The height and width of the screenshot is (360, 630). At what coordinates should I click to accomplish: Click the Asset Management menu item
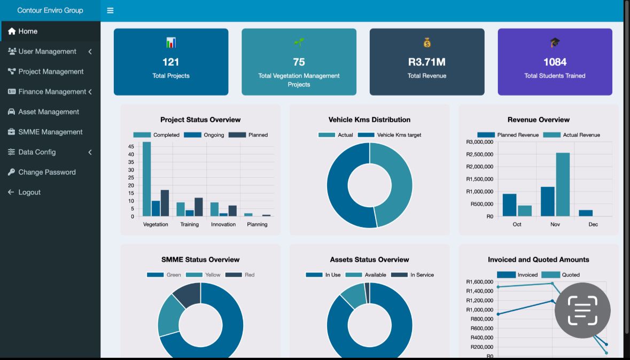[x=49, y=112]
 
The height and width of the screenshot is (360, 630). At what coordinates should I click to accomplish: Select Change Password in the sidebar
[x=47, y=172]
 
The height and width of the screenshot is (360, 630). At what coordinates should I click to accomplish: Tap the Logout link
[x=29, y=192]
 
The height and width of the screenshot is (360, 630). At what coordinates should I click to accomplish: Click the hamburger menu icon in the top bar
[x=110, y=11]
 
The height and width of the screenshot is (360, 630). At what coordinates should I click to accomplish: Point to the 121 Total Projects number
[x=170, y=62]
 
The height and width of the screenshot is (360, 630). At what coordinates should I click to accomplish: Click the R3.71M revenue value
[x=426, y=62]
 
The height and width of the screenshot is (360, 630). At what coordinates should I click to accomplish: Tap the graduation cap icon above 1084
[x=555, y=43]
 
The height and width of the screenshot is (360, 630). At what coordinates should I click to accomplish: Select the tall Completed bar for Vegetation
[x=146, y=179]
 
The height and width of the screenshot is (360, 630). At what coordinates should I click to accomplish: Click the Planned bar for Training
[x=199, y=207]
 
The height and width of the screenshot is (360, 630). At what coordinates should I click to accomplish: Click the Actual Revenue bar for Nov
[x=563, y=184]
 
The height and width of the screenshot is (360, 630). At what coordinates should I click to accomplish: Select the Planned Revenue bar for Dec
[x=586, y=213]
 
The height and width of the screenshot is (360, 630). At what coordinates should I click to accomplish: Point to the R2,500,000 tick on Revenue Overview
[x=479, y=154]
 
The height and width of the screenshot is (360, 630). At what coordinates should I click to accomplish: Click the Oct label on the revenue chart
[x=517, y=224]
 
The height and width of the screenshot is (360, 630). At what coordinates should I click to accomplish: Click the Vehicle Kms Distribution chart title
[x=369, y=120]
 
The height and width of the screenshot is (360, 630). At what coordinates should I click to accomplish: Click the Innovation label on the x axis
[x=223, y=224]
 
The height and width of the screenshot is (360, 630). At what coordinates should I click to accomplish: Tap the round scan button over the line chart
[x=582, y=310]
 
